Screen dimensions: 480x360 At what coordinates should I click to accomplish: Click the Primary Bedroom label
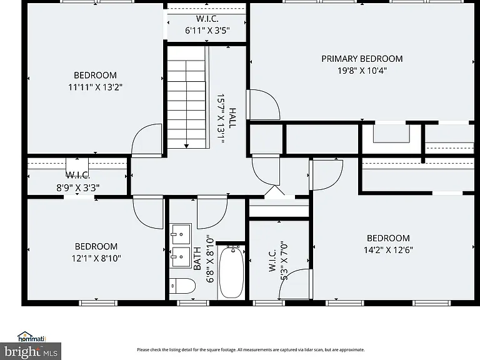click(362, 59)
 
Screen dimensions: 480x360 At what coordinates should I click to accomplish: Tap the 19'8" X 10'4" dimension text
click(362, 71)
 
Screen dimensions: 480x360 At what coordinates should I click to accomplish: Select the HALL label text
click(232, 118)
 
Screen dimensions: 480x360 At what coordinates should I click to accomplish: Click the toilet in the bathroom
click(182, 286)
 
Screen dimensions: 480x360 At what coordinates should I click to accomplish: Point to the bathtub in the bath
click(232, 271)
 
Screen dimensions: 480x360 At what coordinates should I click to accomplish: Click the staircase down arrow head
click(186, 146)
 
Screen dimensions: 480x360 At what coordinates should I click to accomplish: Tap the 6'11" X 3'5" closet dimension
click(207, 31)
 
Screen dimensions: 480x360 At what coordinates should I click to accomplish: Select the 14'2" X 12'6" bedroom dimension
click(388, 250)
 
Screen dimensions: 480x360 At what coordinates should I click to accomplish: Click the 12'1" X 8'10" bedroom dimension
click(96, 258)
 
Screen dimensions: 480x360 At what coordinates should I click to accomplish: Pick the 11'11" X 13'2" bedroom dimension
click(95, 87)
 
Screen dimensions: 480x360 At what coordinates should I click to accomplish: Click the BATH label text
click(197, 258)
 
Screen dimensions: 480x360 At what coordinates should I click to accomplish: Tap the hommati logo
click(31, 337)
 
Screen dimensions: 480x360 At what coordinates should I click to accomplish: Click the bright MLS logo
click(31, 351)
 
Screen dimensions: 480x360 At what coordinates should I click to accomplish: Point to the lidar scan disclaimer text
click(251, 349)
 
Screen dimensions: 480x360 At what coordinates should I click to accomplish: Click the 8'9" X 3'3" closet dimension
click(77, 187)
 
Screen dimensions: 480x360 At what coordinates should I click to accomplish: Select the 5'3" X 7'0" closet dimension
click(284, 261)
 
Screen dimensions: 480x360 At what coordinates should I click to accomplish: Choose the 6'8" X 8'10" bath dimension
click(210, 259)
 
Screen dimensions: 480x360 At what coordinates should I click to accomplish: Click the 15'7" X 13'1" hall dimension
click(221, 118)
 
